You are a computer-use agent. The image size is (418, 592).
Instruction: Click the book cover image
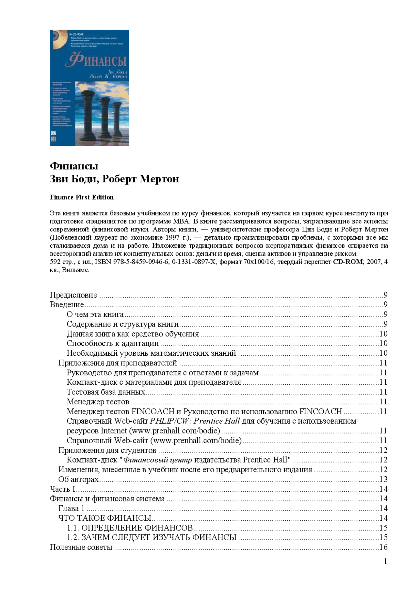89,88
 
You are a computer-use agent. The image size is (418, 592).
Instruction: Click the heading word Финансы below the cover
74,166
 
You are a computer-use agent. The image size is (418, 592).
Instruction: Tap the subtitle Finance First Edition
82,197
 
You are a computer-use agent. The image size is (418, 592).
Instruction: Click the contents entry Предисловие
73,295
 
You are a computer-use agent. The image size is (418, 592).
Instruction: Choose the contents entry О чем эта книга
95,314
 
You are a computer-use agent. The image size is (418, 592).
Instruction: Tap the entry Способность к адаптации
113,344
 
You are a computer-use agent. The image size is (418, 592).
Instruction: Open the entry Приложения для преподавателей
118,363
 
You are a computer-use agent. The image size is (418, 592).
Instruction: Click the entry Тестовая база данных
106,392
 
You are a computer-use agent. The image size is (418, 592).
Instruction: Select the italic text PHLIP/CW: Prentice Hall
195,421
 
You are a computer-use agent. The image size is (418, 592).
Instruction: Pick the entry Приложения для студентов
107,450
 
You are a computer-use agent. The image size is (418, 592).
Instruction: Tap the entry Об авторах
78,480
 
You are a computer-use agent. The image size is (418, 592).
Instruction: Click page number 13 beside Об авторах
383,480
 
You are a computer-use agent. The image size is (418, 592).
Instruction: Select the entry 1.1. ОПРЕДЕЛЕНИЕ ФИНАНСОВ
130,528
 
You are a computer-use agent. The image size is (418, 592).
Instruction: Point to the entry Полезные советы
81,547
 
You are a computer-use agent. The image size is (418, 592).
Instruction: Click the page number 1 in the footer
386,562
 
